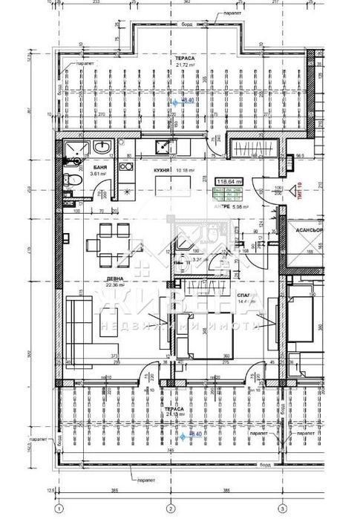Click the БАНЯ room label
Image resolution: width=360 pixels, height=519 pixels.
tap(98, 168)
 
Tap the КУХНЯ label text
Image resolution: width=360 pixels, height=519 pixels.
tap(163, 170)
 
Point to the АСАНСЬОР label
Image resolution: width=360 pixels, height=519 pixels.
tap(307, 230)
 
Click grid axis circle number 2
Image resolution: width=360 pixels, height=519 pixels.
tap(170, 509)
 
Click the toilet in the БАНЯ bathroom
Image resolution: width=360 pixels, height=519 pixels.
tap(71, 178)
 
